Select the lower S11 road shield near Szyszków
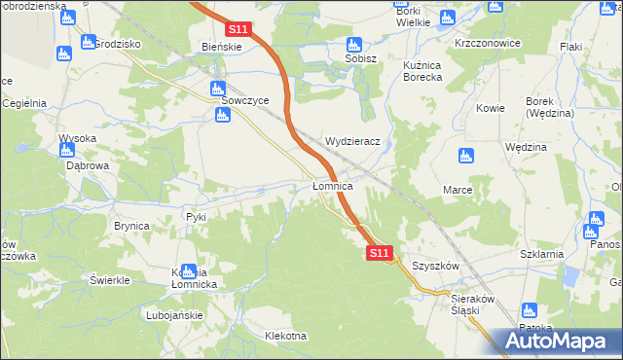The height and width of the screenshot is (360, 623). (x=380, y=253)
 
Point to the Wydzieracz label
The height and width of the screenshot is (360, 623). (x=358, y=141)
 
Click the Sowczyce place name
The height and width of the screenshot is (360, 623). (x=238, y=99)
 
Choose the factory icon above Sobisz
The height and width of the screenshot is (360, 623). (x=354, y=44)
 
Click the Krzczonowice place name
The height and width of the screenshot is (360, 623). (x=487, y=44)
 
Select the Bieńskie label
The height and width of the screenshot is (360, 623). (x=221, y=46)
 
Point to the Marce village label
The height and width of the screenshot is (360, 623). (x=458, y=189)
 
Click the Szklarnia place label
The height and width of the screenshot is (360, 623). (x=542, y=254)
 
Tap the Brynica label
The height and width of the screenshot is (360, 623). (x=131, y=226)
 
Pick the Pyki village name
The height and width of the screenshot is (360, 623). (x=197, y=216)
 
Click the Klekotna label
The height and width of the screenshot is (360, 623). (x=285, y=337)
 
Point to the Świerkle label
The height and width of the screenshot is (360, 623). (x=110, y=280)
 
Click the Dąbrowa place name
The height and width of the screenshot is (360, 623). (x=87, y=166)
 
